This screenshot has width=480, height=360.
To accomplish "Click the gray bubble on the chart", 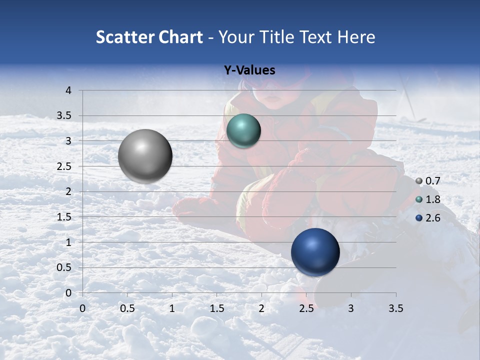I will coord(145,156).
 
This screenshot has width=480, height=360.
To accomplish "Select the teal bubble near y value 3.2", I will coord(243,131).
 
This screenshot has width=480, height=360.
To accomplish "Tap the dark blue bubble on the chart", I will coord(315,252).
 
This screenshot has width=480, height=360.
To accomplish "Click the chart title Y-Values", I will coord(249,70).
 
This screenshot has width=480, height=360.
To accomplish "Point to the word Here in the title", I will coord(356,37).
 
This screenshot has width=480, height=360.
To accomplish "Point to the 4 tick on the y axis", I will coord(69,90).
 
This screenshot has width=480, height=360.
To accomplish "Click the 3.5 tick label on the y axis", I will coord(64,115).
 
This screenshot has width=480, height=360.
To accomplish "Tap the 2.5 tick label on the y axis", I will coord(64,166).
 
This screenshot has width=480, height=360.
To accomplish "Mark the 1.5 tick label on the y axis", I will coord(64,217).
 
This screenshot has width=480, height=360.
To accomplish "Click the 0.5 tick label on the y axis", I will coord(64,267).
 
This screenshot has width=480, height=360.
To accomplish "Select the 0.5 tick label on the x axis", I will coord(127,308).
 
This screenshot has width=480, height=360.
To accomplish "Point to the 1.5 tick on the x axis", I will coord(216,308).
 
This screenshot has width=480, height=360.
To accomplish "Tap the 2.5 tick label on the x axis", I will coord(306,308).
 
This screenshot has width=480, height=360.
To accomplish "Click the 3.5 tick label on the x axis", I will coord(395,308).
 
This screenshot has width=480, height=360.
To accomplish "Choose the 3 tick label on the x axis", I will coord(351,308).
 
